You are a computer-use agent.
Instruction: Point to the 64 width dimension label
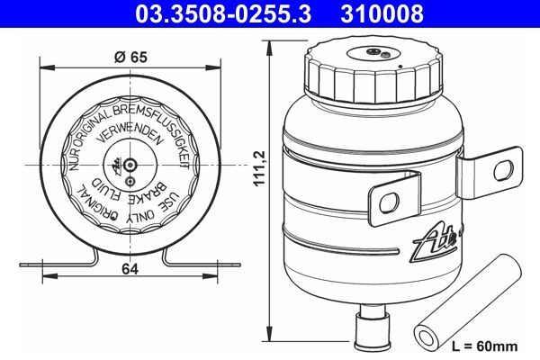point(130,269)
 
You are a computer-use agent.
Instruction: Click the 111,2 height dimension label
point(262,171)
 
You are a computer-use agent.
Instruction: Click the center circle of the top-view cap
point(130,165)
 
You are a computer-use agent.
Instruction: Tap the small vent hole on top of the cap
point(385,56)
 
